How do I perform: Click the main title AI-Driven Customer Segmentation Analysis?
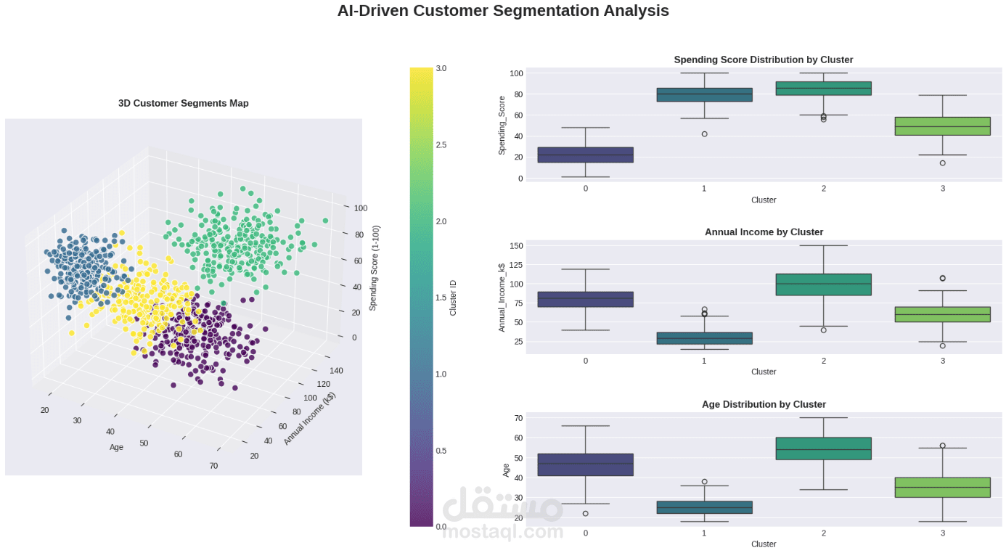tap(503, 11)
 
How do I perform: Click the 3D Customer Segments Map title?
tap(183, 103)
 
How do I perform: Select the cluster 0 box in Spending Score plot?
tap(585, 155)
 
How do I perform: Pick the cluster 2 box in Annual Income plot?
tap(823, 284)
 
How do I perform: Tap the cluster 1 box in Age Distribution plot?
tap(704, 507)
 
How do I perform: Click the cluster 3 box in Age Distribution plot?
tap(942, 487)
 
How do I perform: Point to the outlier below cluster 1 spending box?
tap(704, 134)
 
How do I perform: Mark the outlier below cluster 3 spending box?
tap(942, 163)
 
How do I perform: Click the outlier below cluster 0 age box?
tap(585, 514)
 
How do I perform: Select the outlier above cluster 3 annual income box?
tap(942, 278)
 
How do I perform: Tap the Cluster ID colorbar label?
tap(454, 298)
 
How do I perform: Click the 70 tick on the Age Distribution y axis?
tap(518, 418)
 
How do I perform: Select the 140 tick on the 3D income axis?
tap(335, 370)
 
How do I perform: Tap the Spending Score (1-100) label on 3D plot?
tap(374, 267)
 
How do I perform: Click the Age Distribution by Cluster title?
tap(764, 404)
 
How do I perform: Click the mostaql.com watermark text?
tap(502, 532)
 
